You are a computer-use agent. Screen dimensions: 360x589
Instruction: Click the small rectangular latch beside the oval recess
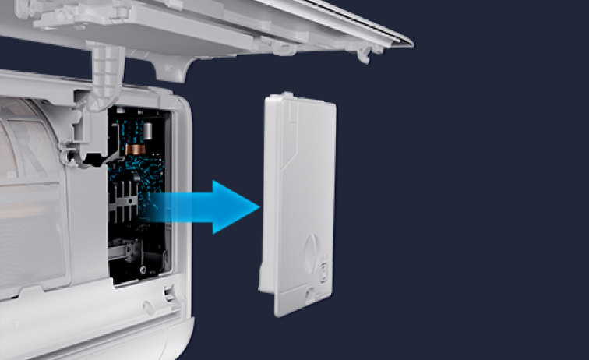(x=325, y=269)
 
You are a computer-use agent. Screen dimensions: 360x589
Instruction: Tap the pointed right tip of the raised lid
(x=411, y=41)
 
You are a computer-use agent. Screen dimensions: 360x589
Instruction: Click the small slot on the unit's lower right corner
(x=168, y=295)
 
